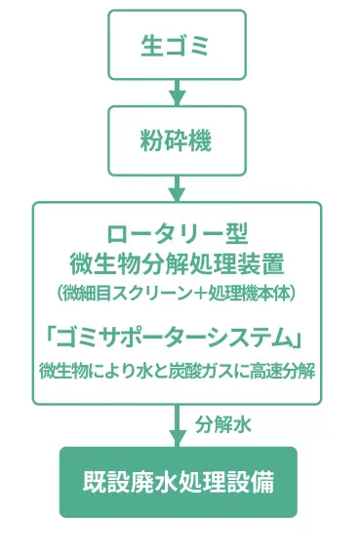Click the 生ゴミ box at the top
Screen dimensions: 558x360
[177, 44]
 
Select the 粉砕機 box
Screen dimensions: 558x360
[177, 140]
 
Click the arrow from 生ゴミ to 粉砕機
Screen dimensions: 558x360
[177, 93]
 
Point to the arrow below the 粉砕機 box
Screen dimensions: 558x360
[177, 186]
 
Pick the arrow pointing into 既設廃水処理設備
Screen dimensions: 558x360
[177, 426]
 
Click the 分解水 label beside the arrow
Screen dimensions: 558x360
[224, 425]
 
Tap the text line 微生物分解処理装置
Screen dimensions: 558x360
[177, 263]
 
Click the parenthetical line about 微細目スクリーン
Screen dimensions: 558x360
[177, 292]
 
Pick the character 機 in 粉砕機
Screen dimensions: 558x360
[202, 140]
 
